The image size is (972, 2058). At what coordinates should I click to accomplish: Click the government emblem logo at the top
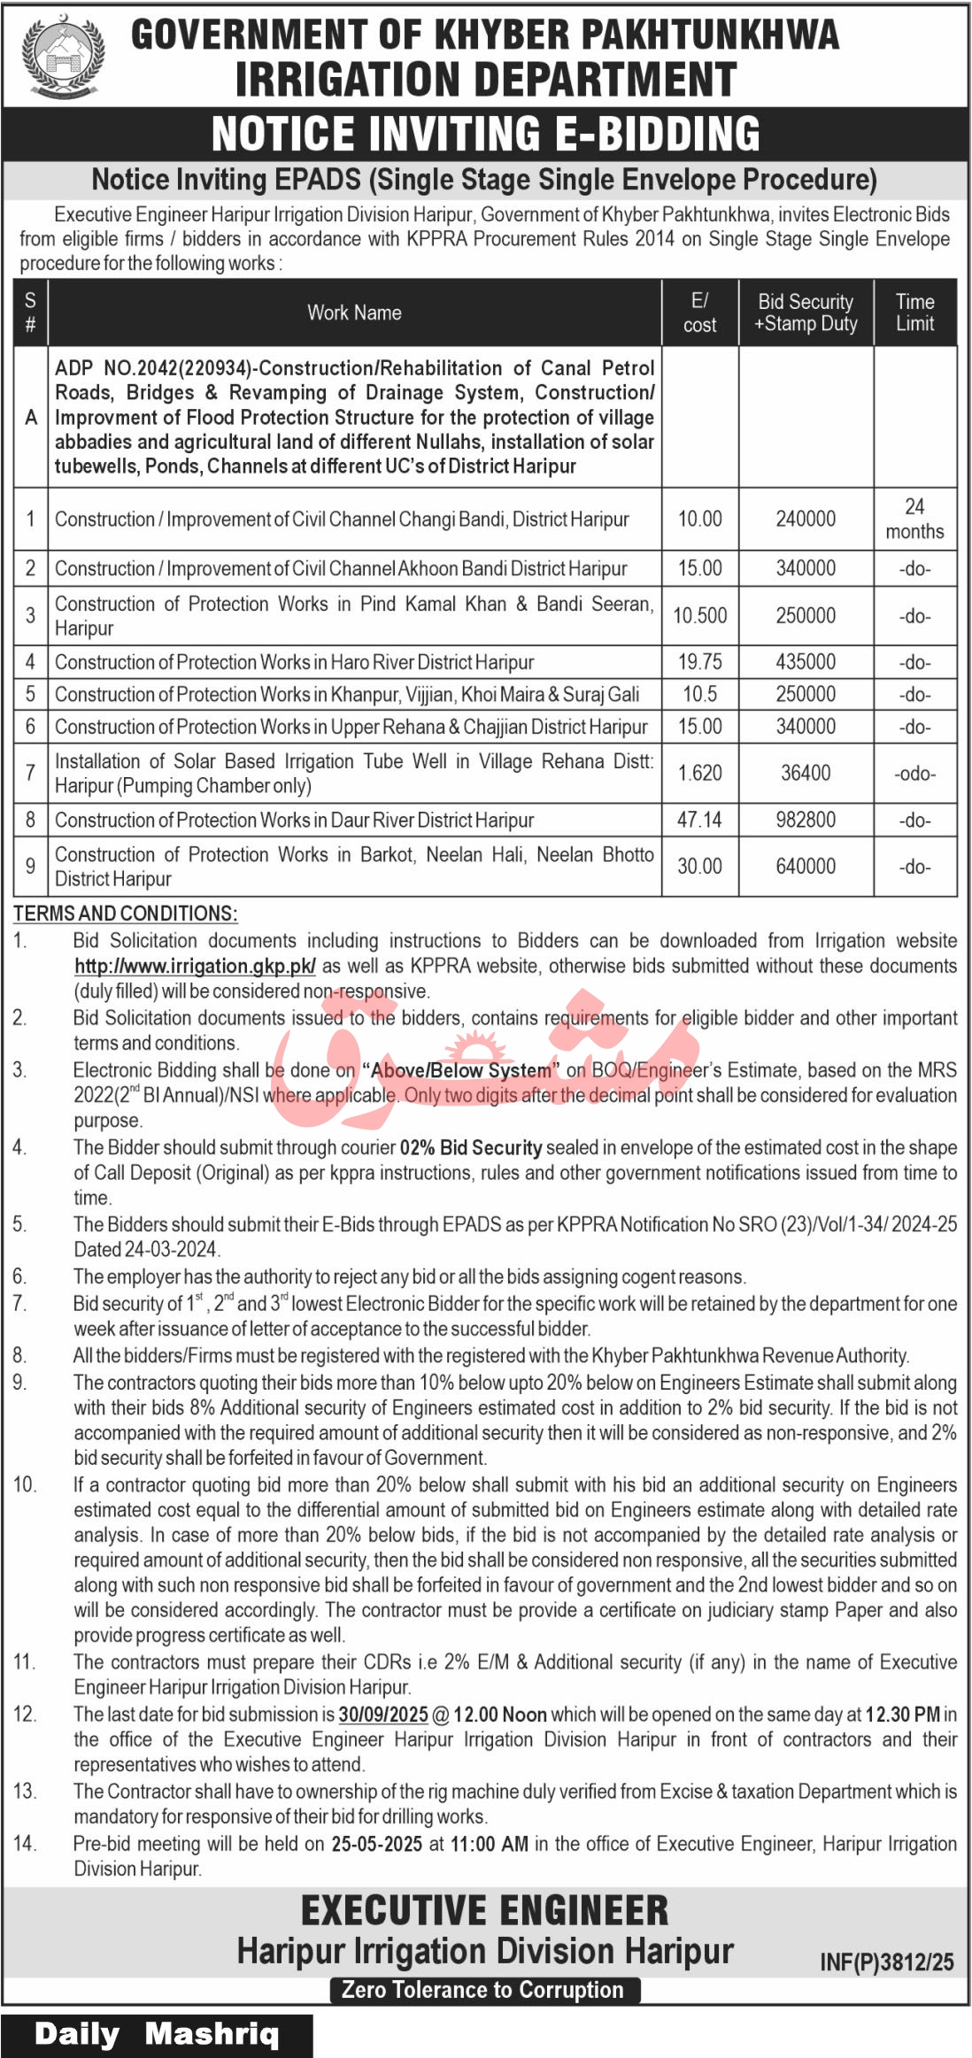pyautogui.click(x=63, y=55)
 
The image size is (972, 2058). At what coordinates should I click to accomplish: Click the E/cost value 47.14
pyautogui.click(x=699, y=820)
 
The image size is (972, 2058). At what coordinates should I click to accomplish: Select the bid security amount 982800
pyautogui.click(x=806, y=820)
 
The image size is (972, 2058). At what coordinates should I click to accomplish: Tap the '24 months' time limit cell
pyautogui.click(x=914, y=519)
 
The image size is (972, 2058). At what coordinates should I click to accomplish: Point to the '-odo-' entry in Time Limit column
pyautogui.click(x=914, y=774)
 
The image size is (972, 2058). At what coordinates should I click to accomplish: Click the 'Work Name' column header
pyautogui.click(x=354, y=312)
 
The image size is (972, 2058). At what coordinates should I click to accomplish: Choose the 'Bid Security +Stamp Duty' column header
pyautogui.click(x=806, y=312)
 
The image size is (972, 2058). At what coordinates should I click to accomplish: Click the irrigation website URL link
pyautogui.click(x=195, y=966)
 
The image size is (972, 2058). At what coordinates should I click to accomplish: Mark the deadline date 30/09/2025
pyautogui.click(x=383, y=1715)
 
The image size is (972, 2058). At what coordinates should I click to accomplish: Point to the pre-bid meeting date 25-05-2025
pyautogui.click(x=376, y=1844)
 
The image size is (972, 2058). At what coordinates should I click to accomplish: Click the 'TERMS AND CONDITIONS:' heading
pyautogui.click(x=125, y=913)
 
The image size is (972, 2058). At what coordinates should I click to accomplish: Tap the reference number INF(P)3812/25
pyautogui.click(x=886, y=1962)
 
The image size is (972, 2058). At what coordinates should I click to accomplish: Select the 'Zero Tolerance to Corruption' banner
pyautogui.click(x=483, y=1990)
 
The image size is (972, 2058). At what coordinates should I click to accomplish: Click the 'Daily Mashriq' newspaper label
pyautogui.click(x=156, y=2034)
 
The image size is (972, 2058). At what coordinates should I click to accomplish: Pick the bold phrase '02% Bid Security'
pyautogui.click(x=471, y=1148)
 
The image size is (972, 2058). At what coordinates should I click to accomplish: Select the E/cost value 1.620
pyautogui.click(x=699, y=774)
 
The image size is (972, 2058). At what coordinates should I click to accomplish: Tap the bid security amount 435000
pyautogui.click(x=806, y=662)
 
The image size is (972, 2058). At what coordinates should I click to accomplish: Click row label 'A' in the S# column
pyautogui.click(x=31, y=417)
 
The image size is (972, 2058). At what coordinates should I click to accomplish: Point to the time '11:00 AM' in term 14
pyautogui.click(x=490, y=1844)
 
